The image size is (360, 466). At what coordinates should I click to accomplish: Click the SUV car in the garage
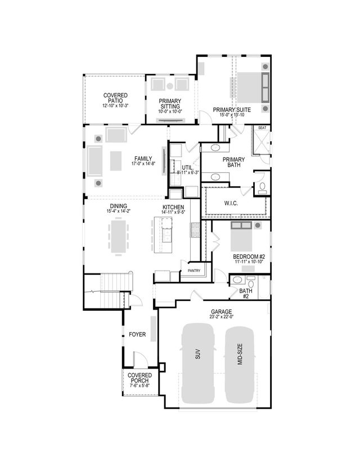click(199, 363)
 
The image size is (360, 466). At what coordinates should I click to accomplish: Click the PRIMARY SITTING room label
click(169, 104)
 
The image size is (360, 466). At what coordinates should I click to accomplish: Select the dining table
click(119, 236)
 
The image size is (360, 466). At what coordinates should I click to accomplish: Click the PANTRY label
click(194, 271)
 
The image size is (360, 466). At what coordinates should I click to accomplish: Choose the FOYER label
click(137, 335)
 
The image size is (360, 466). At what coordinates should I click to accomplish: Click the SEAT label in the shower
click(262, 128)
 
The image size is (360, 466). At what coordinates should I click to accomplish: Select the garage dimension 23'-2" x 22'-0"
click(222, 317)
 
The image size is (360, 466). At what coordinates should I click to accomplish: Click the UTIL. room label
click(187, 168)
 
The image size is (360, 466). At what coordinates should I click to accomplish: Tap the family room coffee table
click(115, 160)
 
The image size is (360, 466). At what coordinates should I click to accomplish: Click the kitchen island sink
click(166, 230)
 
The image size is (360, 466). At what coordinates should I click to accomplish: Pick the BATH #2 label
click(245, 293)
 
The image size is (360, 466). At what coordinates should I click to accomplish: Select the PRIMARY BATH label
click(233, 163)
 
